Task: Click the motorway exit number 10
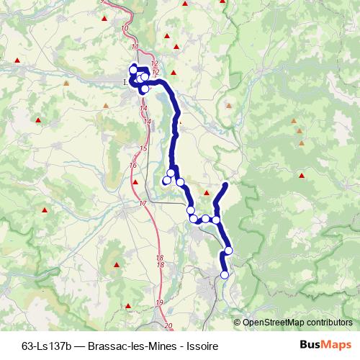(x=126, y=27)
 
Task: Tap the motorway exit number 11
(x=135, y=47)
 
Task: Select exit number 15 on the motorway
(x=143, y=148)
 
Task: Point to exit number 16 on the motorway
(x=132, y=166)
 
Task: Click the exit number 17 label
(x=143, y=204)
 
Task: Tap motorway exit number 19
(x=158, y=302)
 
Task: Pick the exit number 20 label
(x=168, y=327)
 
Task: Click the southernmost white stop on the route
(x=224, y=274)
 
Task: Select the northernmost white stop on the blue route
(x=133, y=68)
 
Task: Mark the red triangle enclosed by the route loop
(x=207, y=193)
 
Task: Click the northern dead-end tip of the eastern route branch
(x=226, y=185)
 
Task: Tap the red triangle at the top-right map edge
(x=223, y=3)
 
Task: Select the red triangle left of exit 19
(x=128, y=306)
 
